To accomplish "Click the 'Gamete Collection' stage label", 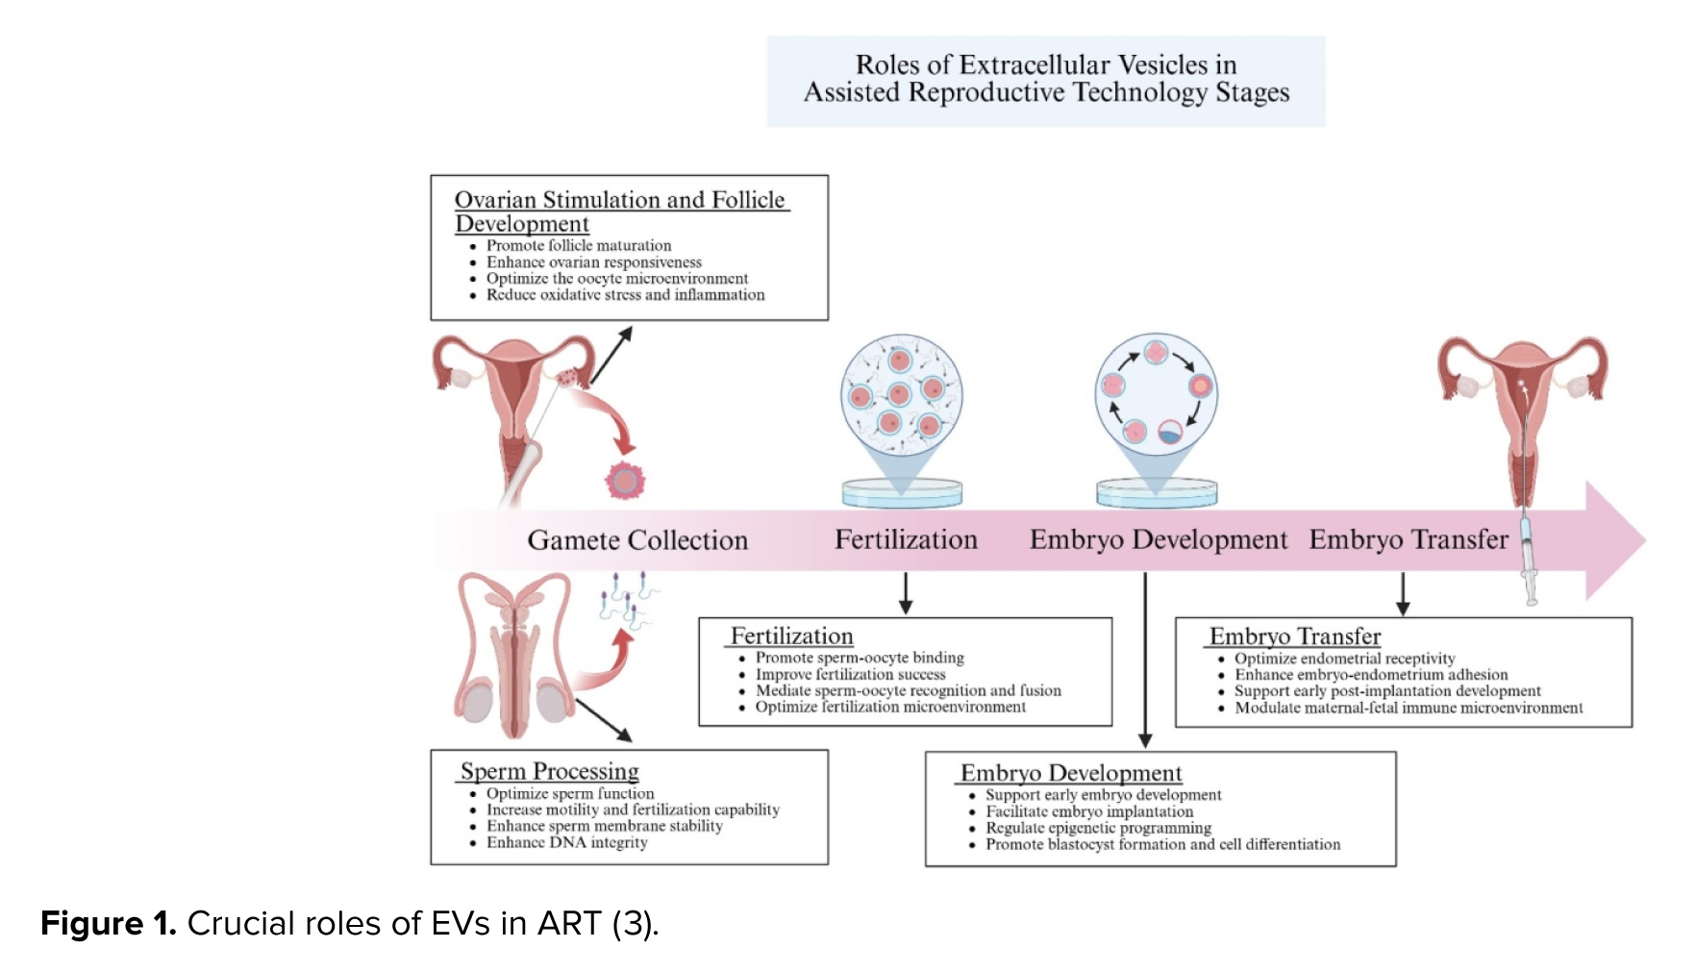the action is (x=637, y=540).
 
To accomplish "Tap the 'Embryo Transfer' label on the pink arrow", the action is (x=1409, y=539).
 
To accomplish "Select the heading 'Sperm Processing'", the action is (x=550, y=771).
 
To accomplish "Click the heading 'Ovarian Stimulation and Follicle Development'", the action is (x=621, y=212).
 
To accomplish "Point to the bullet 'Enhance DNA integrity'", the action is (x=566, y=842).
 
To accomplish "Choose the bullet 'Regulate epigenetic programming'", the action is (x=1098, y=828).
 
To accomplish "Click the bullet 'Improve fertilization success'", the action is (x=850, y=674).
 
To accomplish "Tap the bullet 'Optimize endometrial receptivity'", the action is (x=1344, y=659).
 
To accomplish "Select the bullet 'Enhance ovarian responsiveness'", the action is (x=593, y=262).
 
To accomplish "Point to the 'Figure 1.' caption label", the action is (x=109, y=923).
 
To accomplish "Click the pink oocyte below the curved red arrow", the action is (x=626, y=480).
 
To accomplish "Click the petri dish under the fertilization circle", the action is (x=902, y=492).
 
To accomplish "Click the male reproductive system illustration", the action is (x=514, y=655).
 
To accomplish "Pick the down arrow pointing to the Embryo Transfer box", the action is (x=1403, y=593).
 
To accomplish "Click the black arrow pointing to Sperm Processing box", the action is (x=603, y=720).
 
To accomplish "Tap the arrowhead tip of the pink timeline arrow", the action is (x=1646, y=540).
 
